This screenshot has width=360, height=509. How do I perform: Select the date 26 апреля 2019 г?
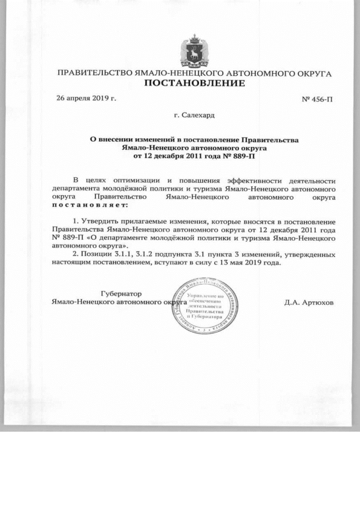(x=86, y=98)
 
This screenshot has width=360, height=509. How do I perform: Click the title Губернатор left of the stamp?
(x=121, y=294)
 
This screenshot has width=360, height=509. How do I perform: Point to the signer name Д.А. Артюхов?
(x=309, y=302)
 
